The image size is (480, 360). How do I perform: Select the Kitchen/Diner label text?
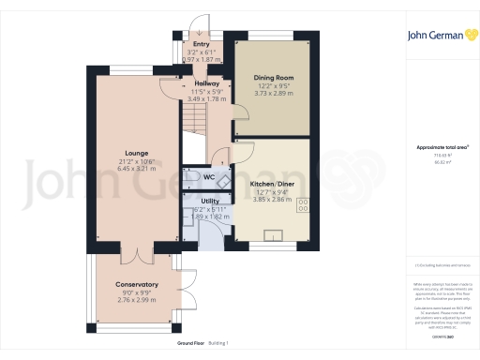click(273, 185)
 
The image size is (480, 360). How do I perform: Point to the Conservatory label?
click(137, 284)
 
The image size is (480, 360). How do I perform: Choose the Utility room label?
click(209, 201)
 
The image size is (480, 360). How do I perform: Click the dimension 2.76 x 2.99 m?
click(137, 299)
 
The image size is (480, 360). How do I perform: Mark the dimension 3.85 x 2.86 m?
click(273, 200)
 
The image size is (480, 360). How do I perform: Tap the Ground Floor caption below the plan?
click(192, 346)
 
